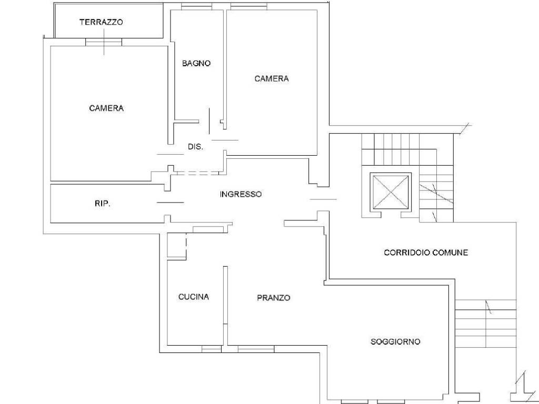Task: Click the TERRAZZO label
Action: (101, 22)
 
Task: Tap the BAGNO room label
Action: (196, 64)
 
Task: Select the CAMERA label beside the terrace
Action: (106, 108)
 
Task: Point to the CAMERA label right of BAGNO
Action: (272, 79)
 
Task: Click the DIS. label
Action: (195, 147)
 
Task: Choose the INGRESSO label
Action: (241, 195)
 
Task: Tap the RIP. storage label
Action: (103, 204)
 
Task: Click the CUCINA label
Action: (194, 297)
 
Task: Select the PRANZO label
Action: (274, 298)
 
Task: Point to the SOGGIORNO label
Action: (395, 342)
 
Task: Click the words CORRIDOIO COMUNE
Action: (426, 253)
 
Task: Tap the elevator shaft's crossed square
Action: (391, 191)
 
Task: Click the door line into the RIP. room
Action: (170, 203)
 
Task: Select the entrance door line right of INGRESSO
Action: (323, 199)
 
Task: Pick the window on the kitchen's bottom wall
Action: (212, 349)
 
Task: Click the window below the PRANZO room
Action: (256, 349)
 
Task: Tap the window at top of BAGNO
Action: (197, 6)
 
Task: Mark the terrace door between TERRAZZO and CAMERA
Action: (104, 42)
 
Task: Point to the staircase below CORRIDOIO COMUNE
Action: (486, 324)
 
